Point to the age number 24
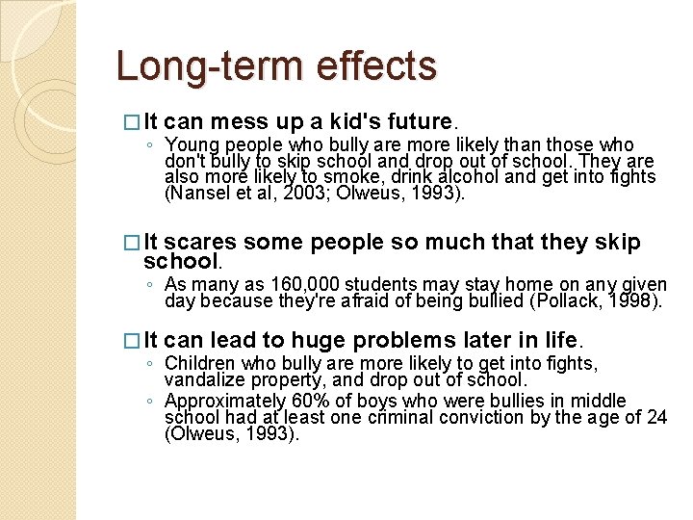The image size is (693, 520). click(657, 417)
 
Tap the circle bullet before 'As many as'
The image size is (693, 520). click(149, 285)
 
